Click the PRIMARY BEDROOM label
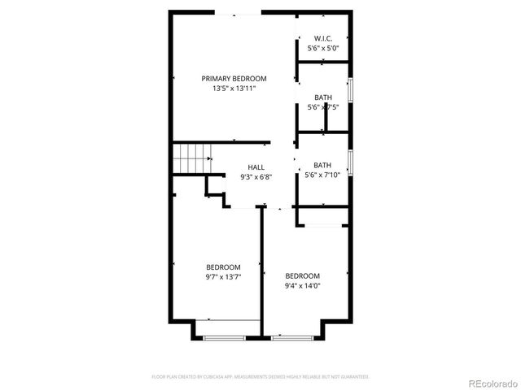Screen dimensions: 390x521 (234, 79)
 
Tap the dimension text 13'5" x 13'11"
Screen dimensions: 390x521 (234, 89)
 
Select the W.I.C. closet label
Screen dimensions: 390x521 (323, 38)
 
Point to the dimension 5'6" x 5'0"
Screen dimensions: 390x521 (323, 48)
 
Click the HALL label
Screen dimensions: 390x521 (256, 167)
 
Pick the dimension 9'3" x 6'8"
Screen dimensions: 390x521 (256, 176)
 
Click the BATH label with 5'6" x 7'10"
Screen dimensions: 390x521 (323, 165)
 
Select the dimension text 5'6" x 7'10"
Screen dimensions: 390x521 (323, 175)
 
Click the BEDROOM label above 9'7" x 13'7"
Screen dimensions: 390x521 (222, 267)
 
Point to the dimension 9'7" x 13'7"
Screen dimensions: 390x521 (222, 277)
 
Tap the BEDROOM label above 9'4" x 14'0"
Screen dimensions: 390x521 (302, 275)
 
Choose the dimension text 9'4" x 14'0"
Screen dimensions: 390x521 (302, 285)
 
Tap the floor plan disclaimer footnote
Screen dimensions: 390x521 (260, 377)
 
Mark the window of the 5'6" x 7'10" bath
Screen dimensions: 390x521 (350, 162)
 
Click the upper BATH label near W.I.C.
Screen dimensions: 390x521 (323, 98)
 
